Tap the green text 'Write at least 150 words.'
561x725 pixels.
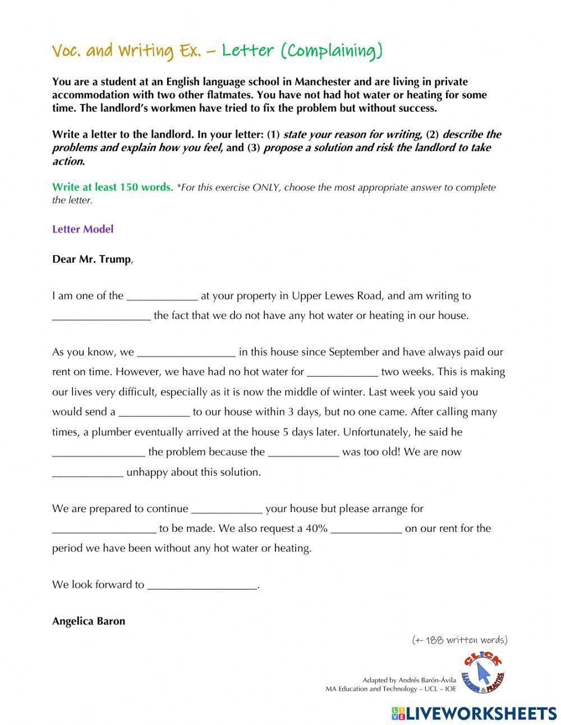point(112,187)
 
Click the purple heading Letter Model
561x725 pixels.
point(82,229)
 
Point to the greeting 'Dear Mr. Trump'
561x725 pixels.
point(91,259)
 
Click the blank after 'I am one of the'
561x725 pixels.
point(162,296)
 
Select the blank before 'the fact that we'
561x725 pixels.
point(101,316)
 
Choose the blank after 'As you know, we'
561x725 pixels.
point(186,353)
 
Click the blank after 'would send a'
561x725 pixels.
point(154,412)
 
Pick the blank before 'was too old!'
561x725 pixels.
point(303,452)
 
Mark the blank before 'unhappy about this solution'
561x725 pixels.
point(88,472)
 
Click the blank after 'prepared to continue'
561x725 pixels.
point(227,509)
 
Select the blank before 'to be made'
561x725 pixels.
point(104,528)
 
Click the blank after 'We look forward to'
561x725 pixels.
point(202,585)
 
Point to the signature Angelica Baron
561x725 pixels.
point(88,621)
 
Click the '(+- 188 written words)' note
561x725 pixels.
point(459,640)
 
